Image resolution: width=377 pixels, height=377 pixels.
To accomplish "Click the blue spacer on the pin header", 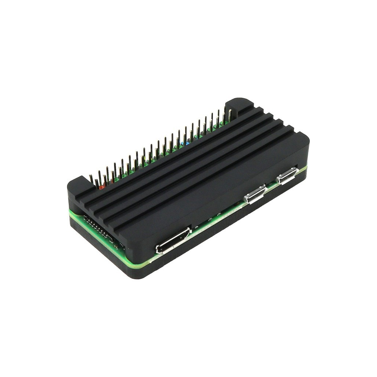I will point(188,144).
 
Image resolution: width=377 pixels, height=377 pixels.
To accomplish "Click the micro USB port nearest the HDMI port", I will point(255,195).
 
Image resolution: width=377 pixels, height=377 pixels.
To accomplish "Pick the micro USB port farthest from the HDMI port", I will point(288,176).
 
